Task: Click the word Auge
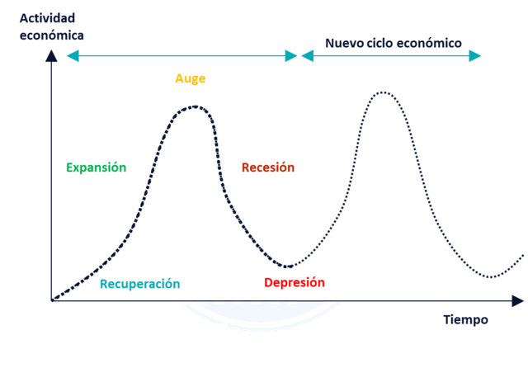[190, 79]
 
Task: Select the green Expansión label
[97, 167]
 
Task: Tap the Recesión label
[267, 167]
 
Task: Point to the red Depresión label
[295, 282]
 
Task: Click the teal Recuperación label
[139, 284]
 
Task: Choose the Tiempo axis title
[465, 319]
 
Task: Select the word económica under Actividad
[52, 35]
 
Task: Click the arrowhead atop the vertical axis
[51, 55]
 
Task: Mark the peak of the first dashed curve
[195, 106]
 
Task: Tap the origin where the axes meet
[51, 300]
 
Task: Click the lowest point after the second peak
[492, 277]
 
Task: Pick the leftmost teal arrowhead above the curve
[73, 56]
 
